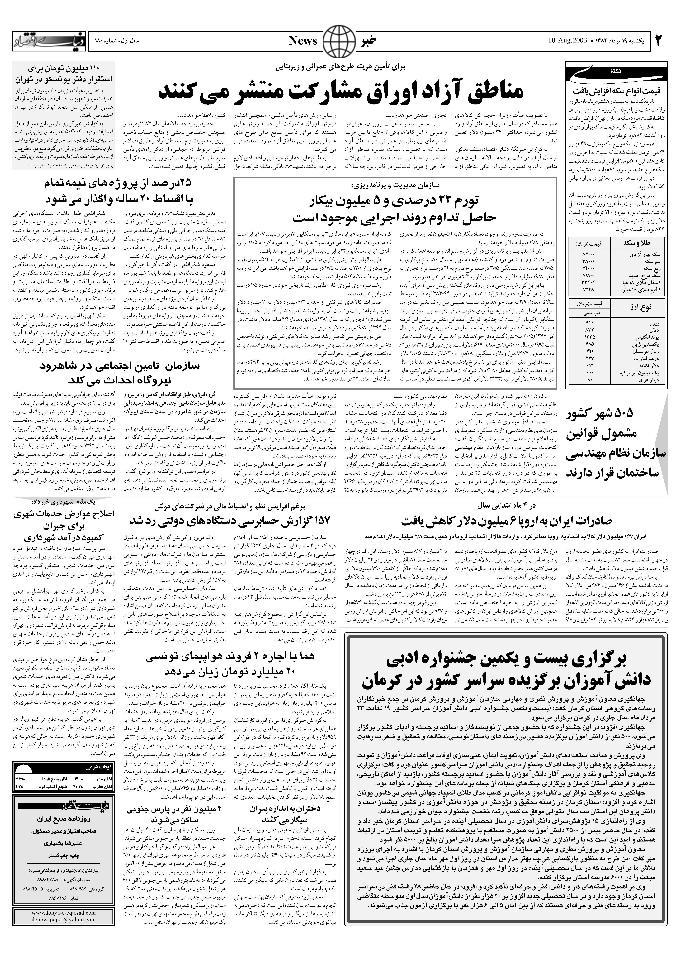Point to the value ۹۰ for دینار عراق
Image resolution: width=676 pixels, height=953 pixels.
pyautogui.click(x=589, y=379)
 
